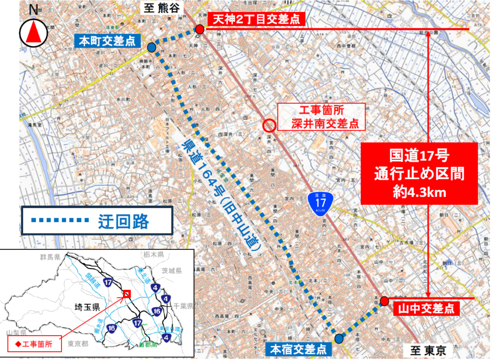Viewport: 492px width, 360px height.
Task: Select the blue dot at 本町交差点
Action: (151, 47)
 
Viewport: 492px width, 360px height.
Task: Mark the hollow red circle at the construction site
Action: (270, 125)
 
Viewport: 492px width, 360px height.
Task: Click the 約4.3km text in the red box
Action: (418, 191)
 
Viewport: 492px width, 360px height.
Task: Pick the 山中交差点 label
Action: (427, 308)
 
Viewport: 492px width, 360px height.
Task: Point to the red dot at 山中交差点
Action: (384, 301)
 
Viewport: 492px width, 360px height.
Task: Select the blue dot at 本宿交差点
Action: (339, 338)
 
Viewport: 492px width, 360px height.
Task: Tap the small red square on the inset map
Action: (127, 294)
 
